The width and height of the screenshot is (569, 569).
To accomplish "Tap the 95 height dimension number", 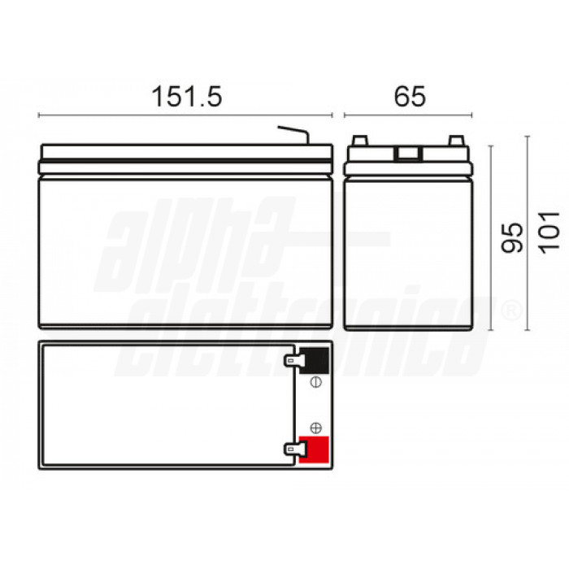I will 511,237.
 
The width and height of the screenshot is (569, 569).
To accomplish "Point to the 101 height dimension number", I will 550,230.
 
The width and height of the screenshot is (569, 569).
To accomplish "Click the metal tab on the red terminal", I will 289,448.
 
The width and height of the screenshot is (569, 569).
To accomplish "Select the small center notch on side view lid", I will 408,151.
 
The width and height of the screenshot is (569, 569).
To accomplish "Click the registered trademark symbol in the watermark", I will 510,311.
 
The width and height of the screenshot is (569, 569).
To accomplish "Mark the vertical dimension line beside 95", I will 491,237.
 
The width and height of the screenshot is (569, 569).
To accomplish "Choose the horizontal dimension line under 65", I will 409,115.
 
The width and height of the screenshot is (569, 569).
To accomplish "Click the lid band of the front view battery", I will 186,151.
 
